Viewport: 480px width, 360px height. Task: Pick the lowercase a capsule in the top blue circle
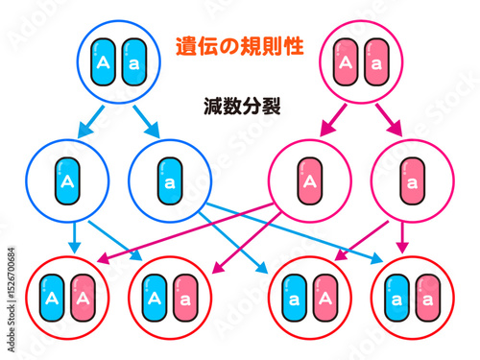[x=132, y=63]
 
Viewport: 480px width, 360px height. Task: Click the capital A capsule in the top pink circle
[x=346, y=64]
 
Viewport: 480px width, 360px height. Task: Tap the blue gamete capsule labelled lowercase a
[x=170, y=180]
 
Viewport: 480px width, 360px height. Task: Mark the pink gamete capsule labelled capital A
[x=309, y=180]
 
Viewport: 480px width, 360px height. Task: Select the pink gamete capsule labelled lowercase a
[x=412, y=180]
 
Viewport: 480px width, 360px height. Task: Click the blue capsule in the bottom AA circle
[x=52, y=299]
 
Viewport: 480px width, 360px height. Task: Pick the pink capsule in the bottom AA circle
[x=83, y=299]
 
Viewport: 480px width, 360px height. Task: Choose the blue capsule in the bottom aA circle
[x=296, y=299]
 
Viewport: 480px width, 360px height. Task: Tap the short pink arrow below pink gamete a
[x=404, y=240]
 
